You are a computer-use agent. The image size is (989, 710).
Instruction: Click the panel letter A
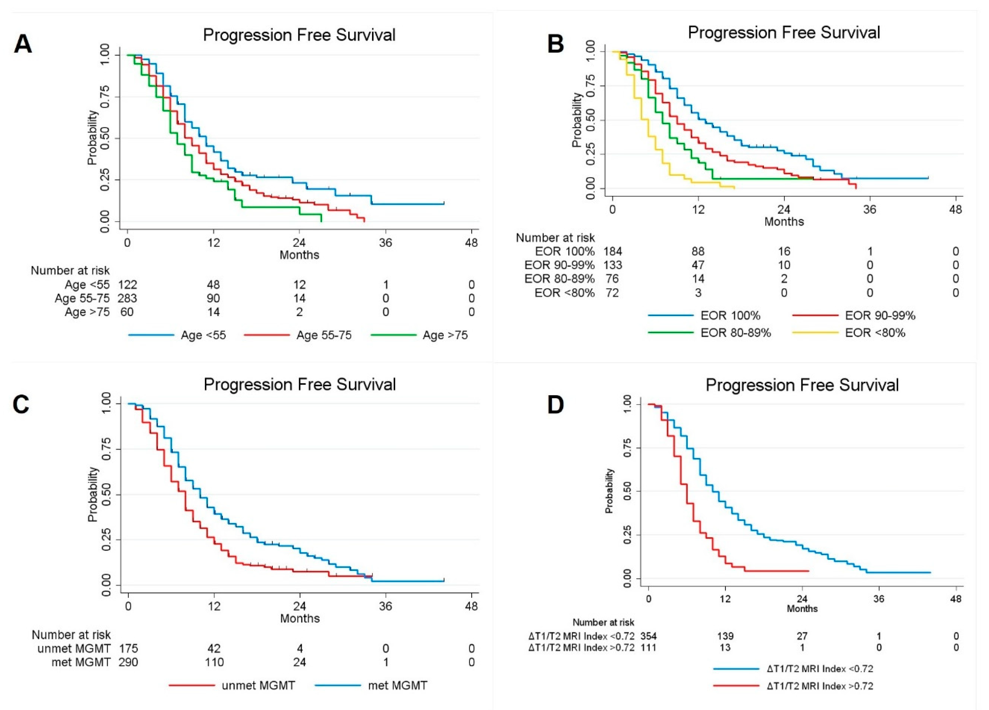point(23,45)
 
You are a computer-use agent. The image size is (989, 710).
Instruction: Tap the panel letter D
point(555,404)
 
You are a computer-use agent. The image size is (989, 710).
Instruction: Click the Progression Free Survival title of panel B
point(784,33)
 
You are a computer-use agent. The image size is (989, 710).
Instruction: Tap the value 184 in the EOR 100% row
point(612,251)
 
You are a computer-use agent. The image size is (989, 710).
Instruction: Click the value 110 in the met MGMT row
point(214,662)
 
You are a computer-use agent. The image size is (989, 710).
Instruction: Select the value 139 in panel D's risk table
point(725,636)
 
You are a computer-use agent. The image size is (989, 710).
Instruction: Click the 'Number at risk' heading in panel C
point(71,635)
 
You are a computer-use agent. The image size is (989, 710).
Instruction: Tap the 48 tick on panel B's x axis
point(955,209)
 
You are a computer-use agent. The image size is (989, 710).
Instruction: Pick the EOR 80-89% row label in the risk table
point(559,279)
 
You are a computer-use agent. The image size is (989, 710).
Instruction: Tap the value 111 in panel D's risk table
point(648,647)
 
